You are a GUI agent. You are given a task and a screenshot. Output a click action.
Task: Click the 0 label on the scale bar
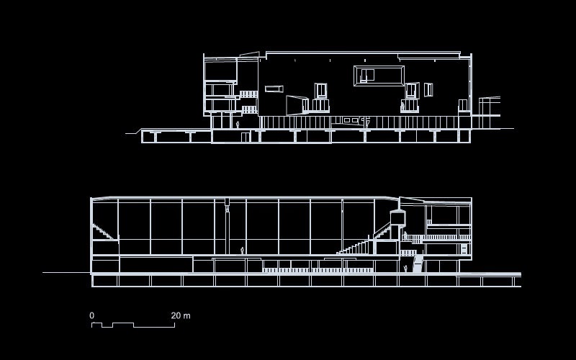click(x=91, y=315)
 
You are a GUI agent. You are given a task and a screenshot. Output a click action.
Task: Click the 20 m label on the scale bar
click(x=181, y=315)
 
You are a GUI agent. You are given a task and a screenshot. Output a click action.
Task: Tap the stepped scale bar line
click(x=133, y=325)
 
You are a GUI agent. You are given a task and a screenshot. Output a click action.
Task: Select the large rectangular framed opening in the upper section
click(x=379, y=76)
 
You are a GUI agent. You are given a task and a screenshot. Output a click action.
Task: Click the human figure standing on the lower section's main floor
click(x=242, y=251)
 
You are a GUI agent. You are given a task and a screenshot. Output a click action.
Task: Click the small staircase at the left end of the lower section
click(x=104, y=233)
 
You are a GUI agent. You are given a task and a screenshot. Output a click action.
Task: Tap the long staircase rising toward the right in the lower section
click(x=364, y=242)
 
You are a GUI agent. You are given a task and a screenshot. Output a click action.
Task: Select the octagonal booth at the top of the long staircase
click(x=397, y=217)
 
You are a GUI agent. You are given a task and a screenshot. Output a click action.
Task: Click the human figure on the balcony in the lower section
click(x=405, y=235)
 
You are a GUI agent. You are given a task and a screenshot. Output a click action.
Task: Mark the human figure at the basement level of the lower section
click(x=405, y=269)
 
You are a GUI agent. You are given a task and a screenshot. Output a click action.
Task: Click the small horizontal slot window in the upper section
click(x=274, y=89)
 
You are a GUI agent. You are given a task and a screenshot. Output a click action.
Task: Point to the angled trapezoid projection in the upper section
click(x=297, y=105)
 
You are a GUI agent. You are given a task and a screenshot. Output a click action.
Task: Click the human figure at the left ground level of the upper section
click(x=238, y=125)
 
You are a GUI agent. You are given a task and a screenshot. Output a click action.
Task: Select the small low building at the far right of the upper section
click(x=490, y=106)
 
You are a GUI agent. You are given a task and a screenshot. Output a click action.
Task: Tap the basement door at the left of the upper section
click(x=246, y=137)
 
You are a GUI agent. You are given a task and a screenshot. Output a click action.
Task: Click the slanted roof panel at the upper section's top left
click(x=249, y=54)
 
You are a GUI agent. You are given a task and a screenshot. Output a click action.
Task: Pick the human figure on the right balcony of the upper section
click(x=402, y=107)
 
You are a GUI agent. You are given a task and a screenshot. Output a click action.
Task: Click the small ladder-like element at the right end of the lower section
click(x=464, y=248)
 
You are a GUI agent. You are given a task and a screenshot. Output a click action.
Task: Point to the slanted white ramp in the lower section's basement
click(x=418, y=263)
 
